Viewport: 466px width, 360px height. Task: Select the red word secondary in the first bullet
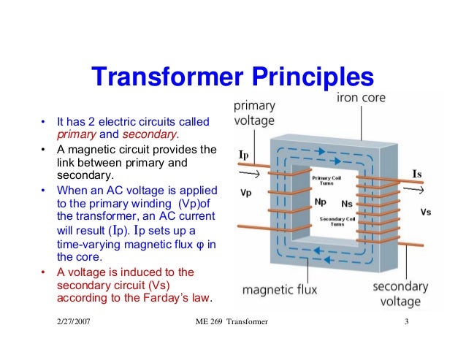149,134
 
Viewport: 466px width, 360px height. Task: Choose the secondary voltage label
400,294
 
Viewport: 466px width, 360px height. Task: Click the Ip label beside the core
246,156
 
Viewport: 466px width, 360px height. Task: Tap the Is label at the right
417,174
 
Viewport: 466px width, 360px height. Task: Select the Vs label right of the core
427,211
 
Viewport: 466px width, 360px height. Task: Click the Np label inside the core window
319,201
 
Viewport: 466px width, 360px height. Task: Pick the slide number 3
406,322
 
